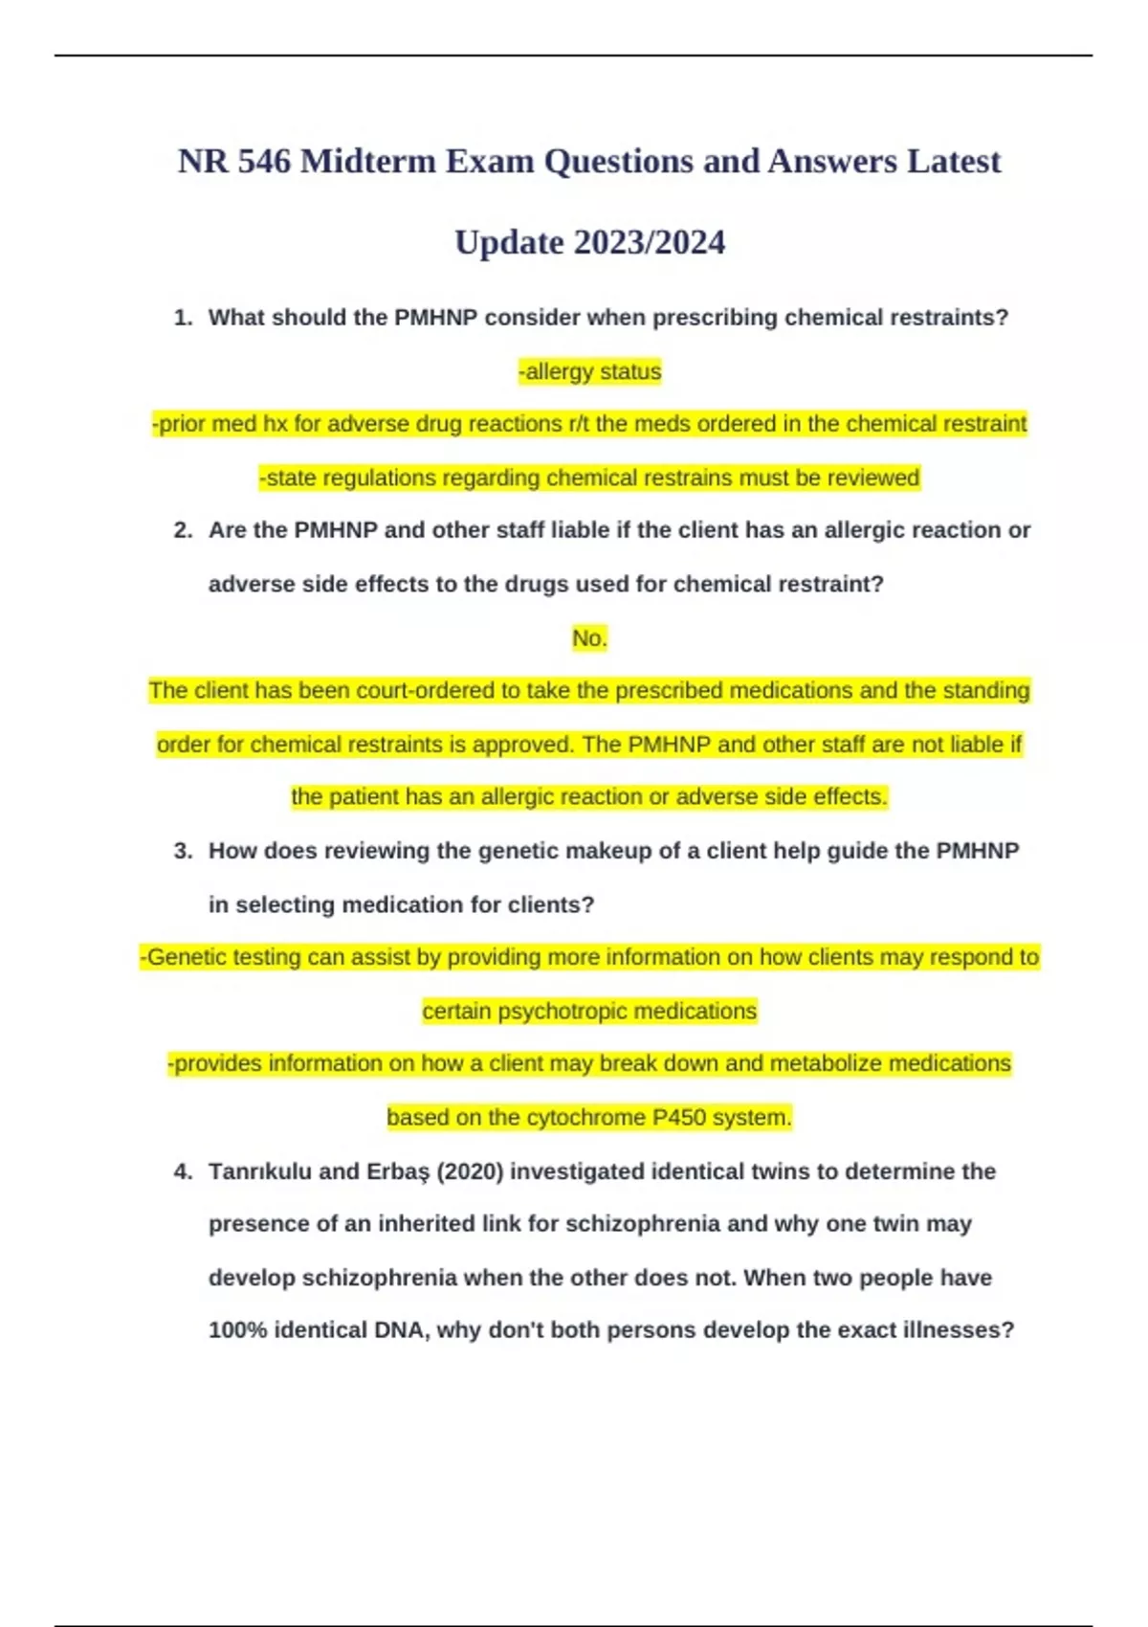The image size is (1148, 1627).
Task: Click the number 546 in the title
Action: pos(264,162)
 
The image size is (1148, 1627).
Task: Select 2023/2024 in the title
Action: pos(650,243)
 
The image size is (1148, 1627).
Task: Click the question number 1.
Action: pos(183,318)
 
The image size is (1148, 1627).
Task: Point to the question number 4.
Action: pos(183,1171)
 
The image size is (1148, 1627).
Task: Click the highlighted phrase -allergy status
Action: pos(589,371)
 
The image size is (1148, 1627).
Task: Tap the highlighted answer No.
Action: pos(589,638)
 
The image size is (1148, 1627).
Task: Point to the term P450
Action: pos(679,1117)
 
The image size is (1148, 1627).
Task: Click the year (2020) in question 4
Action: pos(470,1171)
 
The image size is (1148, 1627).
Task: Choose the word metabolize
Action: pos(826,1063)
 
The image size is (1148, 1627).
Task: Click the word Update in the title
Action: pos(509,243)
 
